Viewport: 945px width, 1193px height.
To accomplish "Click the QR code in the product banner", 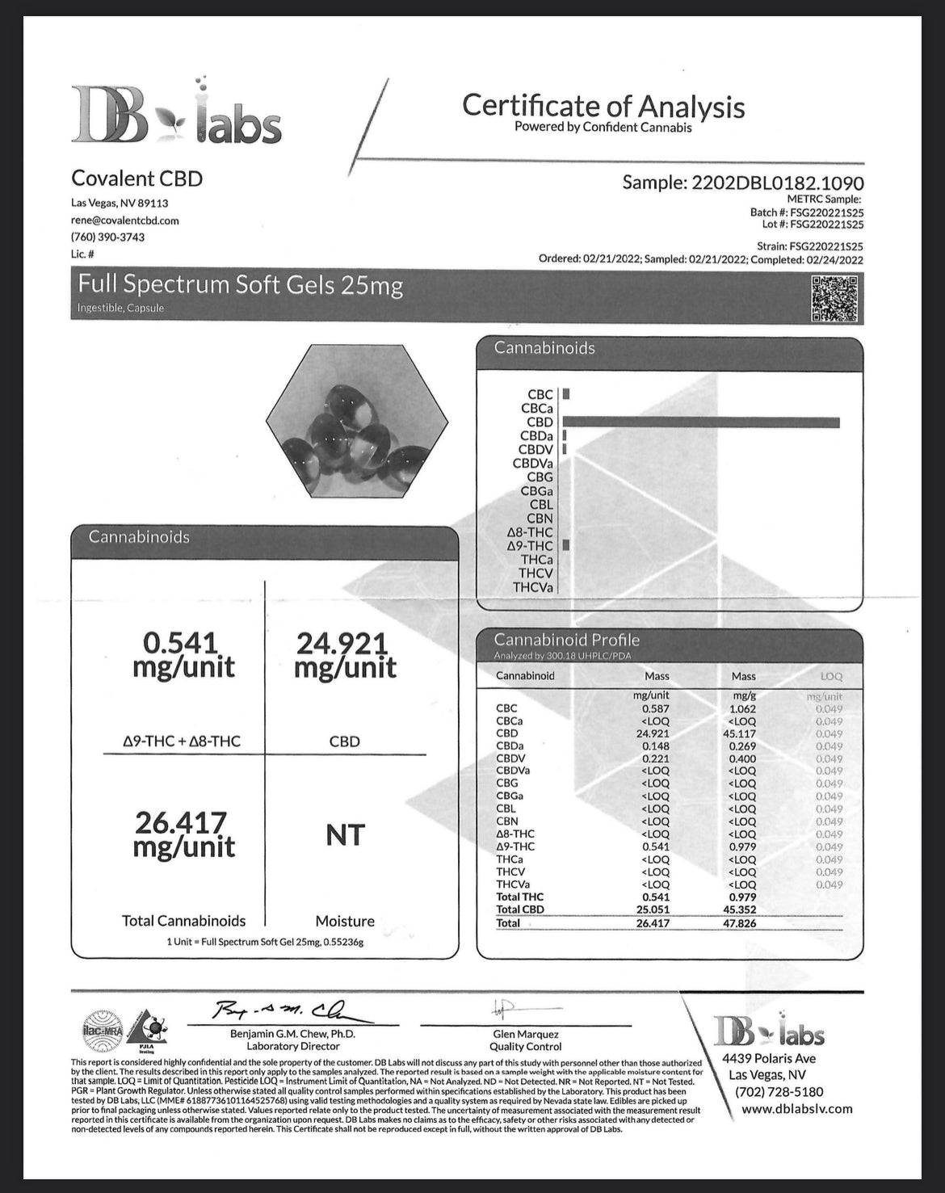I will (834, 299).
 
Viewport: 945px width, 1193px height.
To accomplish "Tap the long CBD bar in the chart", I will (701, 422).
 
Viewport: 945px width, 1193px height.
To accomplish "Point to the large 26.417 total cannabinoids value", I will (184, 834).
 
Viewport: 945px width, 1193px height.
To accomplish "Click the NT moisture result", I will (345, 834).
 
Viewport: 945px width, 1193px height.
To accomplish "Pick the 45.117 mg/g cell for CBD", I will (742, 733).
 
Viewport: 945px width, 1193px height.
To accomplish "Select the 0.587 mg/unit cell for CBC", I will (656, 708).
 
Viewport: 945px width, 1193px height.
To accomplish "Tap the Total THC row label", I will (520, 897).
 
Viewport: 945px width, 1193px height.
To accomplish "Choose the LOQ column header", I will (830, 676).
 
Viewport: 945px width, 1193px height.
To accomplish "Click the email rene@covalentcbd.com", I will (125, 221).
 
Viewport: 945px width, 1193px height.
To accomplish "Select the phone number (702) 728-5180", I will (779, 1091).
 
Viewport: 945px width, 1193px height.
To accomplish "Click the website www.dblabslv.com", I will (796, 1108).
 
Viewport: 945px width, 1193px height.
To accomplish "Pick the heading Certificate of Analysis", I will (603, 106).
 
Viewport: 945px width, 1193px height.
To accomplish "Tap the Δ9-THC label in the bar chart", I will (530, 546).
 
